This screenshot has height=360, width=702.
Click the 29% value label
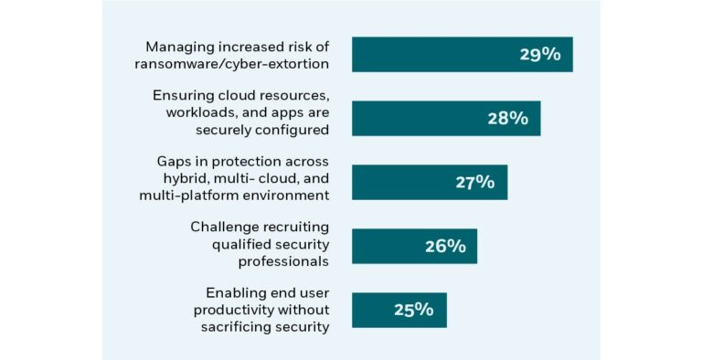[539, 54]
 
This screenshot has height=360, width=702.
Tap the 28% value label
[507, 118]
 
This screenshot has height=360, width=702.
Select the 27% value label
[474, 182]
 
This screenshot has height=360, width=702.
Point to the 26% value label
[445, 246]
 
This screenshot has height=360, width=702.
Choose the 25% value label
[413, 310]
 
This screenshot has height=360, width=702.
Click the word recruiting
[294, 227]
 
